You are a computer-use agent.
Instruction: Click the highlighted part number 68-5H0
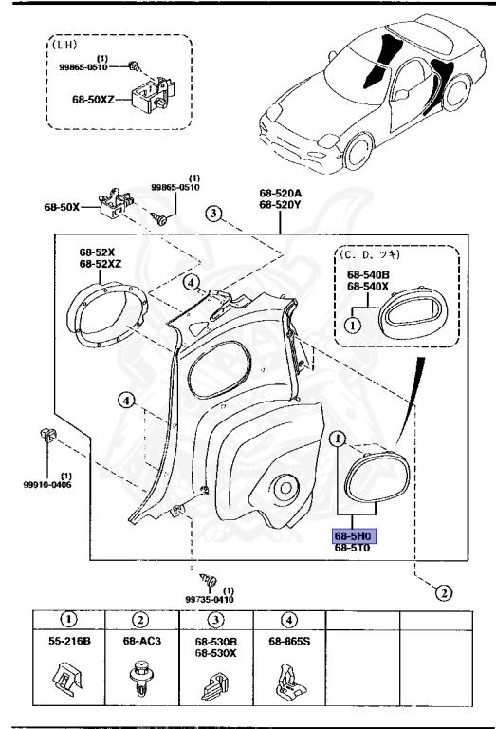(x=354, y=535)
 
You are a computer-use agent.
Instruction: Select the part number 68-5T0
(x=353, y=549)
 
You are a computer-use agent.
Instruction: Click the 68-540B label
(x=367, y=275)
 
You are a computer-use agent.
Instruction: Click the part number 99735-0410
(x=209, y=600)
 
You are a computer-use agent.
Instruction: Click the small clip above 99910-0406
(x=48, y=439)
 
